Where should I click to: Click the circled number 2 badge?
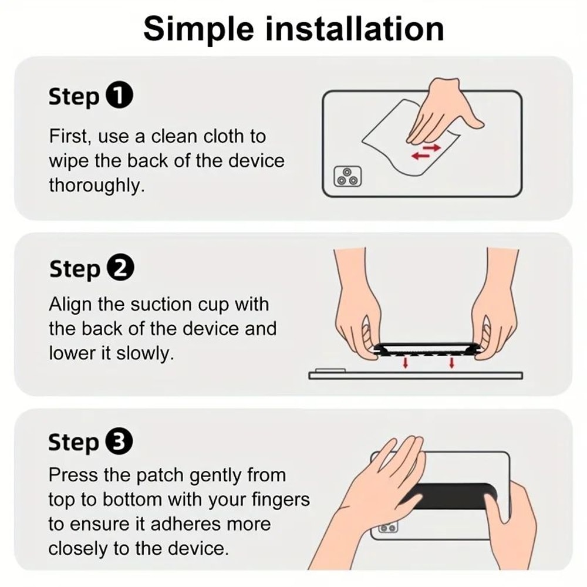pos(120,269)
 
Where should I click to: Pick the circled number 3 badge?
pos(119,442)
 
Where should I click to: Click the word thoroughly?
pos(96,185)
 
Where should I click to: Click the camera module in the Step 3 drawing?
pos(388,528)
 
